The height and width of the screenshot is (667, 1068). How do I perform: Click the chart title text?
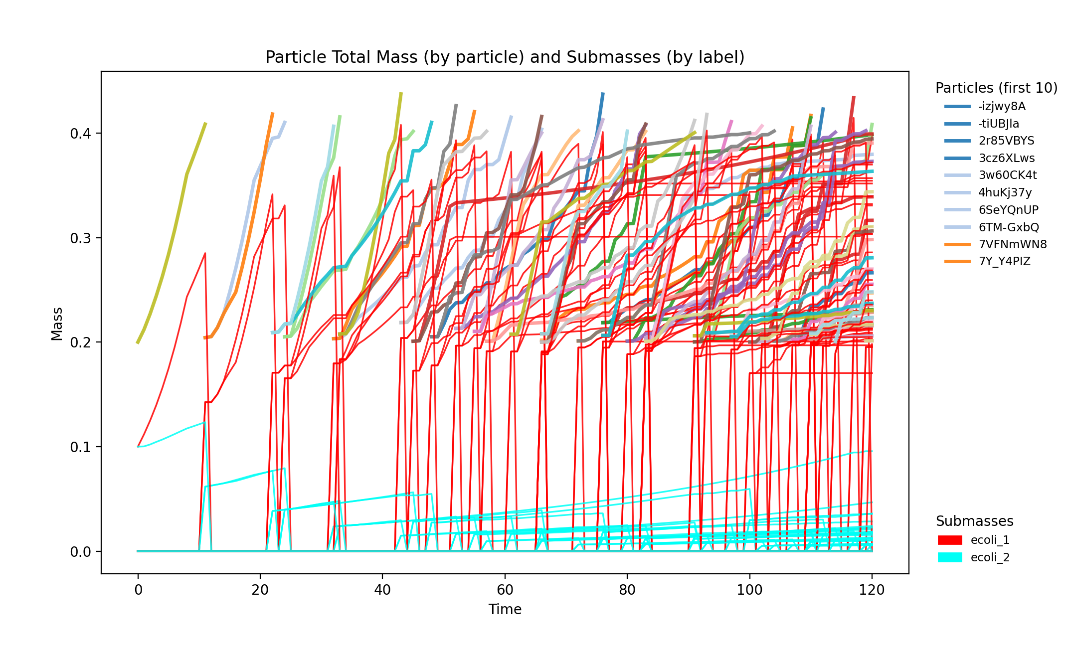[505, 57]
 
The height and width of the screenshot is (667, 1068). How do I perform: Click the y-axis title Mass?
[57, 324]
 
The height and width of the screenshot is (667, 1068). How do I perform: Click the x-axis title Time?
[505, 609]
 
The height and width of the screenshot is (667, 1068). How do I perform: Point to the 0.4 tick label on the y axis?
[80, 134]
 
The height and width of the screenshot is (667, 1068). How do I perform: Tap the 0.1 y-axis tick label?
[80, 447]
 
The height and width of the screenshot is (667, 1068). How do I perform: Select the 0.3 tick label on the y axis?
[80, 238]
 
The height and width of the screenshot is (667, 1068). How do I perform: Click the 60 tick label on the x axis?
[505, 590]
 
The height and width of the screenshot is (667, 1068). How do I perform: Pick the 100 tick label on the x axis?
[749, 590]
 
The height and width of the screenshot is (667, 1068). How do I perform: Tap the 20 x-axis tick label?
[260, 590]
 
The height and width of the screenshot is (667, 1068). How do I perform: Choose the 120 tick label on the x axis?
[872, 590]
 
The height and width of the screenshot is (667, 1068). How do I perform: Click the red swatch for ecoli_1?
[949, 540]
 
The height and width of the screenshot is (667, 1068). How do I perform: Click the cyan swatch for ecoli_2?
[949, 557]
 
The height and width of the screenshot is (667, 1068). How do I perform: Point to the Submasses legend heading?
[974, 521]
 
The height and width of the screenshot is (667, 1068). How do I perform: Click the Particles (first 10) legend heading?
[996, 88]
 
